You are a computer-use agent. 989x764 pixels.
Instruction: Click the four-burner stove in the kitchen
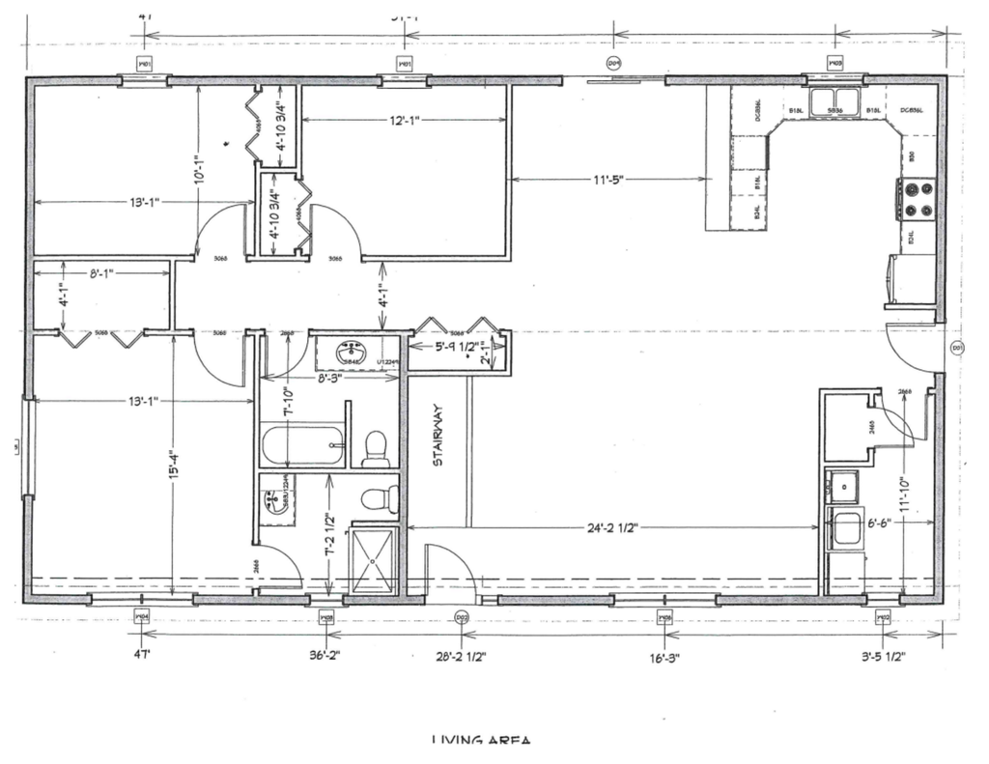(x=917, y=200)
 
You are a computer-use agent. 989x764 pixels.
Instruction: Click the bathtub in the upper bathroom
(x=302, y=447)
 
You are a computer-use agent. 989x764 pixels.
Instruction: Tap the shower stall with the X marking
(x=372, y=560)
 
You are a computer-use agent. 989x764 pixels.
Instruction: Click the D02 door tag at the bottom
(x=462, y=618)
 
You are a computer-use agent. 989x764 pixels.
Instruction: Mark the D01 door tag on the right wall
(x=957, y=348)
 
